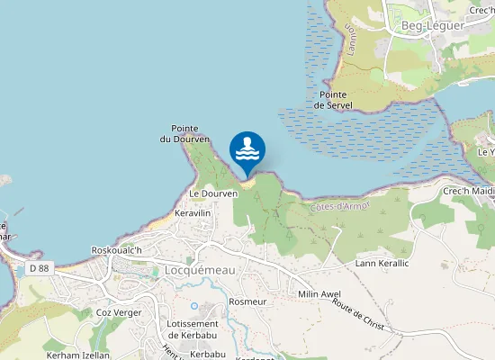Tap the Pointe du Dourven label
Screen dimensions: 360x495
click(184, 134)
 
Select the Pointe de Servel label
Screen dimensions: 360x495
click(333, 100)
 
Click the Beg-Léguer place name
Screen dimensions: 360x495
click(433, 25)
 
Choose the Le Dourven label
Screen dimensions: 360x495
click(213, 193)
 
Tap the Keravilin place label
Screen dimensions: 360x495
click(192, 212)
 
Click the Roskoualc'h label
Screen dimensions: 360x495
click(118, 250)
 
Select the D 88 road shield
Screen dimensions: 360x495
click(39, 268)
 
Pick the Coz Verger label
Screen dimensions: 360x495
click(120, 312)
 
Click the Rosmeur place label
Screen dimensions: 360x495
click(248, 301)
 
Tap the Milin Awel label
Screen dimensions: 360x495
click(319, 294)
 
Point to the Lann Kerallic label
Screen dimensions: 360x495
click(382, 263)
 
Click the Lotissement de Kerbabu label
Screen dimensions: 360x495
click(193, 329)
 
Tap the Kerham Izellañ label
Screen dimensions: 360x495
click(77, 355)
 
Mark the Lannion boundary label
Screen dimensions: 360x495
click(349, 40)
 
